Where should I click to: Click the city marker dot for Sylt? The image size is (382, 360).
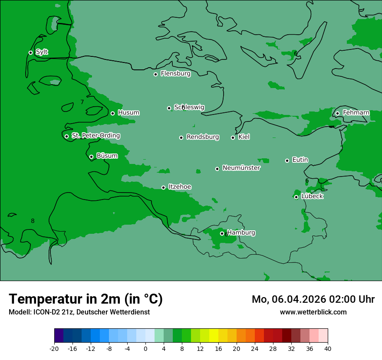pyautogui.click(x=30, y=52)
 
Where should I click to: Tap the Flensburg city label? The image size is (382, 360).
pyautogui.click(x=175, y=74)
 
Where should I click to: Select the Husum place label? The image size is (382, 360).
pyautogui.click(x=128, y=113)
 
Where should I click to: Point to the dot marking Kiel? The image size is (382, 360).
pyautogui.click(x=233, y=137)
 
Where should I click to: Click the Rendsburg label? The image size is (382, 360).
pyautogui.click(x=203, y=137)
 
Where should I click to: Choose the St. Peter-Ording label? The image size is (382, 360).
pyautogui.click(x=95, y=136)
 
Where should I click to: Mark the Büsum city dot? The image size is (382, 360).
pyautogui.click(x=91, y=157)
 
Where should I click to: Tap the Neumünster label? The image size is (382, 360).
pyautogui.click(x=241, y=168)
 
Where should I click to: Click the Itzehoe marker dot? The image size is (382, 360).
pyautogui.click(x=163, y=187)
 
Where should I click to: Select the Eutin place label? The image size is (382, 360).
pyautogui.click(x=300, y=160)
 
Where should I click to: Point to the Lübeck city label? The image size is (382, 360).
pyautogui.click(x=312, y=196)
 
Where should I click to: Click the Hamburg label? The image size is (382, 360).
pyautogui.click(x=241, y=233)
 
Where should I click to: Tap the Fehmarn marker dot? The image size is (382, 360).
pyautogui.click(x=337, y=113)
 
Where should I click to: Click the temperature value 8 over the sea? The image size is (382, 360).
pyautogui.click(x=33, y=221)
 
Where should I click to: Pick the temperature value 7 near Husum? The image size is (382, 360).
pyautogui.click(x=82, y=102)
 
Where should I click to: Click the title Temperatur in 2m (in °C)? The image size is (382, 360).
pyautogui.click(x=86, y=299)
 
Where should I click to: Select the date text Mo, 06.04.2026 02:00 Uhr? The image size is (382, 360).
pyautogui.click(x=313, y=299)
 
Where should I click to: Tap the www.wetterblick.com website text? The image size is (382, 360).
pyautogui.click(x=313, y=312)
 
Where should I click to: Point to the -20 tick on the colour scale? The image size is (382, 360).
pyautogui.click(x=54, y=349)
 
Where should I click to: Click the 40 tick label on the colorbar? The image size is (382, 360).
pyautogui.click(x=328, y=349)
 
